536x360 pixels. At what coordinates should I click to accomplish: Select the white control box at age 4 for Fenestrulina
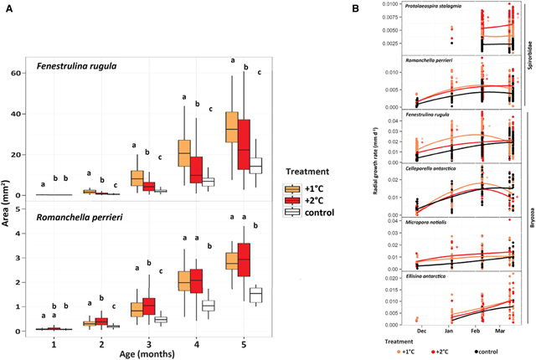coord(209,181)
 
